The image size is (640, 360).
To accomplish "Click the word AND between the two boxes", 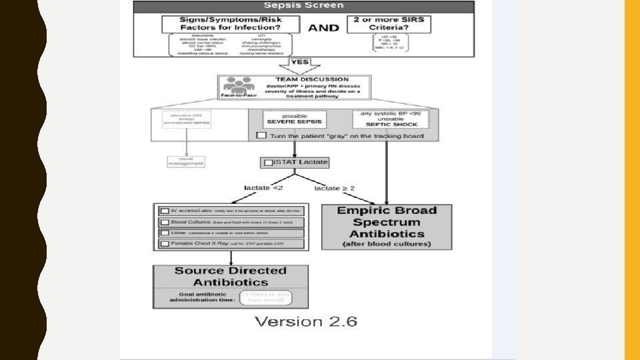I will click(x=323, y=27).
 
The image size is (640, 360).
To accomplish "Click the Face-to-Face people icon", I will click(x=239, y=86).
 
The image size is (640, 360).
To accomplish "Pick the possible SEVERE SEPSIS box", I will click(x=295, y=119).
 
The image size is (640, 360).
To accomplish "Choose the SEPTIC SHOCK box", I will click(x=391, y=119).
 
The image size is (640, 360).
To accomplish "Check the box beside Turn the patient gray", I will click(x=261, y=135).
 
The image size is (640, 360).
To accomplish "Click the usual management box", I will click(x=186, y=161).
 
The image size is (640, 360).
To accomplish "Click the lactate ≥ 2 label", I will click(x=334, y=189).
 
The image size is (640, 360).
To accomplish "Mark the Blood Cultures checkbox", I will click(x=164, y=221).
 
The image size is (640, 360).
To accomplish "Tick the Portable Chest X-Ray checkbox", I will click(x=164, y=244).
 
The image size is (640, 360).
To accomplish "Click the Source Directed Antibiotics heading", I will click(x=231, y=276).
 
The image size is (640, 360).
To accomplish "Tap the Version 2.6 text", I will click(x=306, y=322).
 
